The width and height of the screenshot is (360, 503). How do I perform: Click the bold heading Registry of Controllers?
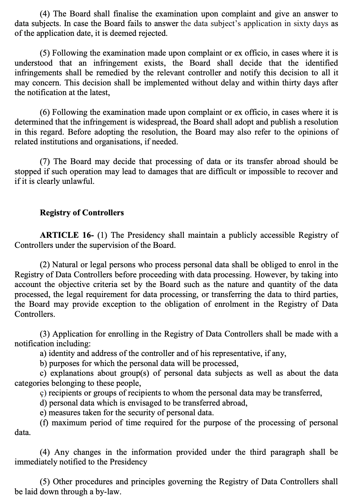point(82,213)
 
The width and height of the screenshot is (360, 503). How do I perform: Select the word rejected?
point(155,33)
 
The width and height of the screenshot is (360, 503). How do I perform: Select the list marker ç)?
point(43,393)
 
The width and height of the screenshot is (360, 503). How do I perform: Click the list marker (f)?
point(44,423)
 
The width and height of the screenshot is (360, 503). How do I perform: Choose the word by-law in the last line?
point(108,492)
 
